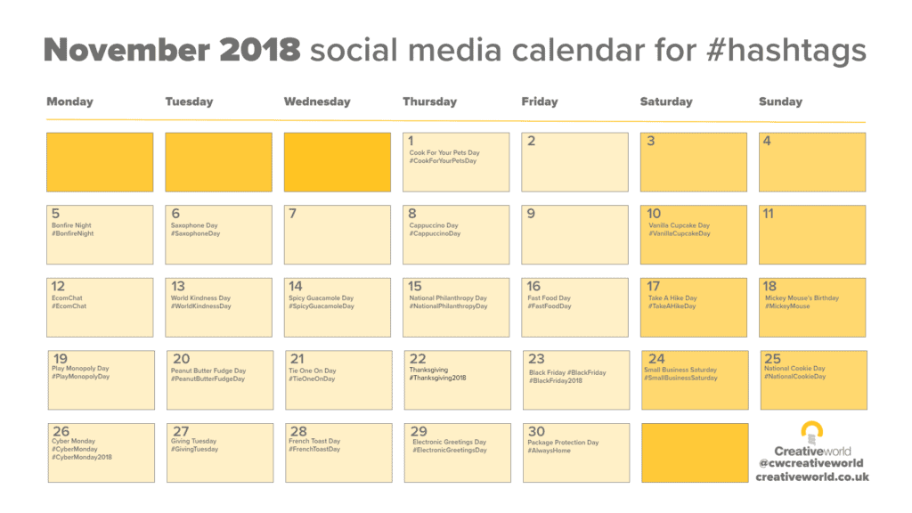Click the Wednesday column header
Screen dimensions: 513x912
317,102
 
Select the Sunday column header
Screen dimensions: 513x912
780,102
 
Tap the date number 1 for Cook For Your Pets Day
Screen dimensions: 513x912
411,141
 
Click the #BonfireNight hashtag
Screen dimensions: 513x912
72,234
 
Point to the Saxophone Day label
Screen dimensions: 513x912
194,226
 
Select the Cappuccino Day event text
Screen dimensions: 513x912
434,226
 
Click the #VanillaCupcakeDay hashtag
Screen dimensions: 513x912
680,234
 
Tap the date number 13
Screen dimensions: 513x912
178,286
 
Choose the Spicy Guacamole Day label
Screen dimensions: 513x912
322,298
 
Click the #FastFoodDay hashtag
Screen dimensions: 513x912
550,306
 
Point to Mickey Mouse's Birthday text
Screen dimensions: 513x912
802,298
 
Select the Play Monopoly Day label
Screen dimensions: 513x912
80,369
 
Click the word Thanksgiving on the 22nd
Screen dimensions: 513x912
428,370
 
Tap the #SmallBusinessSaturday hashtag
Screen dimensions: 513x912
680,379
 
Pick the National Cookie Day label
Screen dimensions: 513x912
794,369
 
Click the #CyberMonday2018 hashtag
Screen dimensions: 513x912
82,458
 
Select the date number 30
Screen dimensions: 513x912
536,432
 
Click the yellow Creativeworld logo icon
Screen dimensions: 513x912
811,432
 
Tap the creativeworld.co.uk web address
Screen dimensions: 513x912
811,477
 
